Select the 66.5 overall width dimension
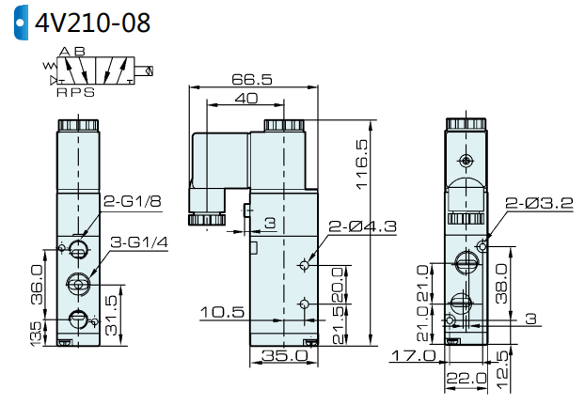tap(251, 80)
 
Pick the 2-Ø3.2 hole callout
tap(539, 202)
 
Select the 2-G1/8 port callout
tap(133, 201)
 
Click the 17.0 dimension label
tap(413, 355)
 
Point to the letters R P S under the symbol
tap(73, 92)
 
